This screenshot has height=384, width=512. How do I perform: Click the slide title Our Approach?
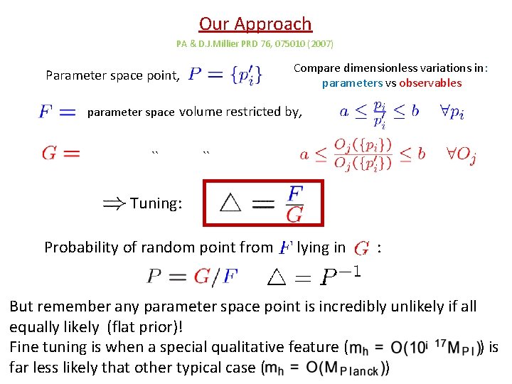coord(255,24)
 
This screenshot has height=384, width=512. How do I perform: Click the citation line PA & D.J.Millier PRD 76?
coord(255,44)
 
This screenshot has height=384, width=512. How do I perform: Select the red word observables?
coord(430,83)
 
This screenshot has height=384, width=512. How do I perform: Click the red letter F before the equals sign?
coord(46,112)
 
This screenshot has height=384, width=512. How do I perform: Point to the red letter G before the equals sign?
coord(50,153)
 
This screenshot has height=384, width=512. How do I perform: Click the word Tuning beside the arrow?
coord(156,203)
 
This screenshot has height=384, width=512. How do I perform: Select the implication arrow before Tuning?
coord(114,203)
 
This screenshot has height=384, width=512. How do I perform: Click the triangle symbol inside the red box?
coord(230,203)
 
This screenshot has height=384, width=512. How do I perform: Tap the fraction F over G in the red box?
coord(294,203)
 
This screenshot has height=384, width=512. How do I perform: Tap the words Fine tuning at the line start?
coord(46,348)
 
